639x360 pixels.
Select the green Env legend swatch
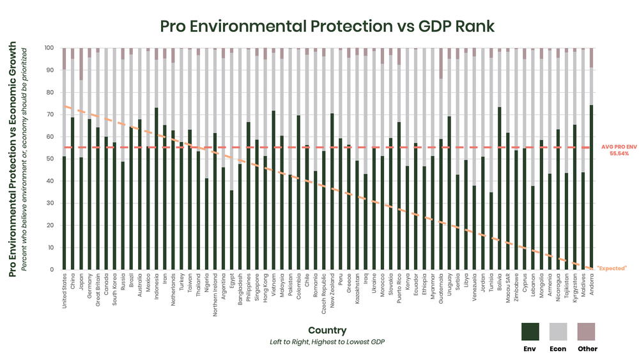pyautogui.click(x=530, y=331)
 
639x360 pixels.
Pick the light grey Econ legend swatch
pyautogui.click(x=558, y=331)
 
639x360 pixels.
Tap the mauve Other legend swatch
pyautogui.click(x=586, y=331)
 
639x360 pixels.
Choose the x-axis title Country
pyautogui.click(x=327, y=331)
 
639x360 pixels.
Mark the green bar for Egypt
pyautogui.click(x=231, y=230)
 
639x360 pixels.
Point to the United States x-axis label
pyautogui.click(x=65, y=292)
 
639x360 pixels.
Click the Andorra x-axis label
pyautogui.click(x=592, y=286)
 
